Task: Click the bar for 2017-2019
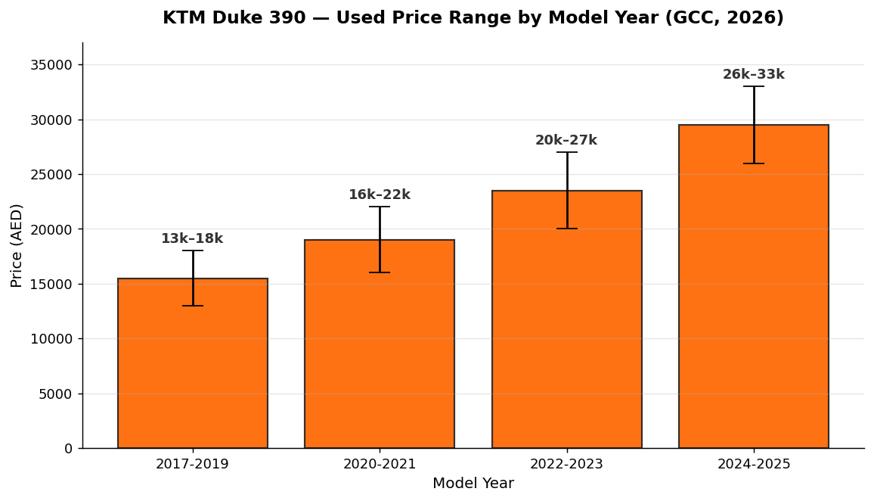click(x=192, y=363)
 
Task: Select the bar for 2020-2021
click(x=380, y=344)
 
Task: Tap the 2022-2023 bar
click(x=567, y=319)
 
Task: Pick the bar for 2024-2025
click(x=754, y=286)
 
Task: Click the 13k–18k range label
click(x=192, y=239)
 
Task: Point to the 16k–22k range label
click(x=380, y=194)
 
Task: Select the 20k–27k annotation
click(x=566, y=140)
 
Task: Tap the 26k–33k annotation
click(x=754, y=74)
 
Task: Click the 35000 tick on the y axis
click(x=52, y=65)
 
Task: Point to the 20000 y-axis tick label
click(x=52, y=229)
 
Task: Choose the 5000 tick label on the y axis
click(x=56, y=394)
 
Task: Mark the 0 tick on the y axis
click(x=69, y=449)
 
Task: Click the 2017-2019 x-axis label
click(x=192, y=464)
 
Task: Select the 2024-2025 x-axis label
click(x=754, y=464)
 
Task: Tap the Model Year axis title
click(x=473, y=483)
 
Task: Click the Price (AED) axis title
click(x=17, y=245)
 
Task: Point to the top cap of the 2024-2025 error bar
click(x=754, y=86)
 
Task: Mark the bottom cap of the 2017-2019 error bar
click(x=193, y=306)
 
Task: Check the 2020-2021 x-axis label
click(x=380, y=464)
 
